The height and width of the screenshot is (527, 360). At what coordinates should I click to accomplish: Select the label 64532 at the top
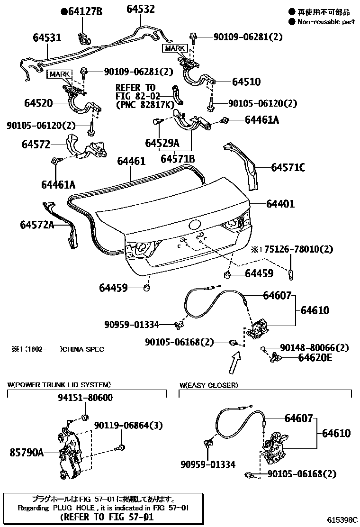tap(140, 9)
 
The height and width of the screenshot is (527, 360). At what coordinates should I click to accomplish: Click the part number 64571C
tap(288, 167)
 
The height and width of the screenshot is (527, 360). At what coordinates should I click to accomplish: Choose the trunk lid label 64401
tap(280, 204)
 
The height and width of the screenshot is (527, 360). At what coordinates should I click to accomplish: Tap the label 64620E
tap(315, 358)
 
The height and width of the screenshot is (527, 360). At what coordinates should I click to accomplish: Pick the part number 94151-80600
tap(85, 398)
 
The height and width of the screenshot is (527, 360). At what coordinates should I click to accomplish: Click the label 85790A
tap(27, 453)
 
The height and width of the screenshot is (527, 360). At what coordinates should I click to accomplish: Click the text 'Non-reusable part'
tap(325, 22)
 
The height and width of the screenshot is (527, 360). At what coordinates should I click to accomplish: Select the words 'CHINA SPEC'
tap(83, 349)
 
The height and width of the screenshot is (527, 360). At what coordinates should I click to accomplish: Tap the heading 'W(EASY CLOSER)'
tap(208, 385)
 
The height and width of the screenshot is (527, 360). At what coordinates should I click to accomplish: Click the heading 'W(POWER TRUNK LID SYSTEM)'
tap(59, 384)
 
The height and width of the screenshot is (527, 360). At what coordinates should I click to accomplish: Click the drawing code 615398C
tap(342, 520)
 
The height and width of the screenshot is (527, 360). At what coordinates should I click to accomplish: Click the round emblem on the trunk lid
tap(195, 226)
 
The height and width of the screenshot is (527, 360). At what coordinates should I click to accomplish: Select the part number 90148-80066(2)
tap(314, 348)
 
